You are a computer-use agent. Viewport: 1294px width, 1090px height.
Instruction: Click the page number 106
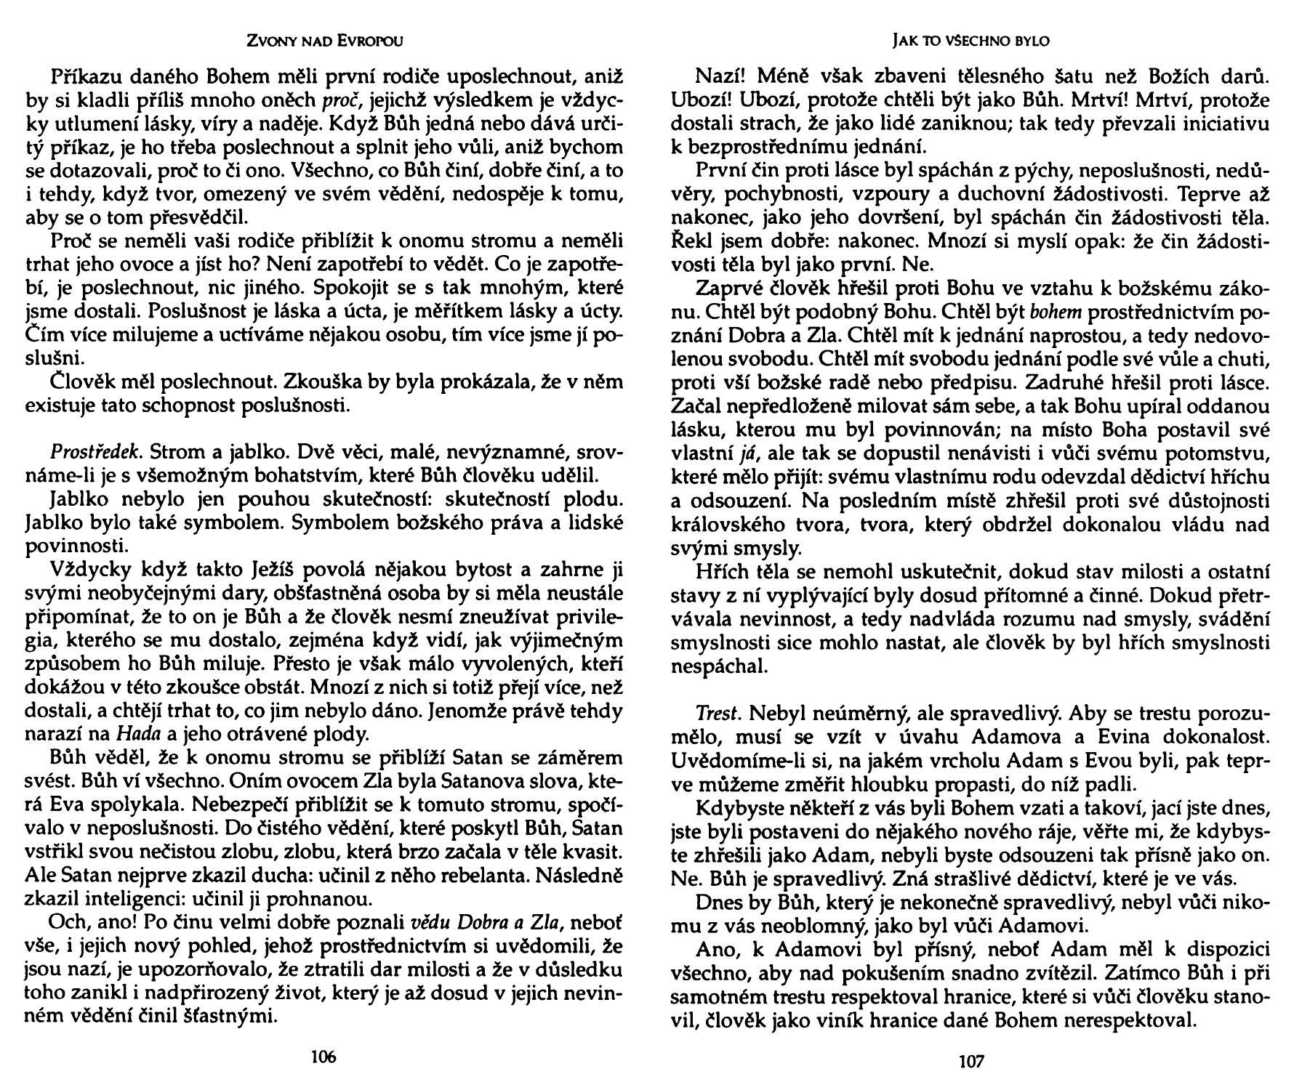(x=323, y=1057)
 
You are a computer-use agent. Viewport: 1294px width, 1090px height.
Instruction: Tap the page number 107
(x=971, y=1062)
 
